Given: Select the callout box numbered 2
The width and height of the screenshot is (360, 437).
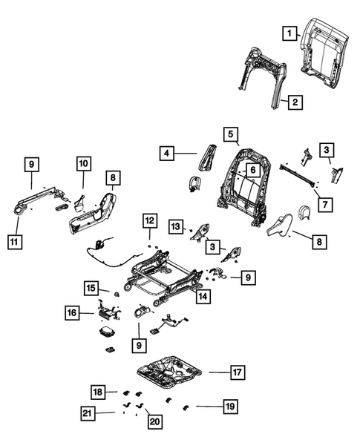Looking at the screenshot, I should pos(295,102).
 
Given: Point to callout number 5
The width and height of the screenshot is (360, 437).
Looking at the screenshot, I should pos(231,134).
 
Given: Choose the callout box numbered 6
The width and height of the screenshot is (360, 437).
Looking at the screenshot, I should pos(252,170).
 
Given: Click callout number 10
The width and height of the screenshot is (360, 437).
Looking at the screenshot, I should pos(82,162).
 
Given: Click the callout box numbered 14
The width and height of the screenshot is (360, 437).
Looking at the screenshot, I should pos(201,296).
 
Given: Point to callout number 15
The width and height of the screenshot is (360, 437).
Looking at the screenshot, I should pos(90,288).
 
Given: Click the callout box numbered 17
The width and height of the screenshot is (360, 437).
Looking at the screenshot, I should pos(235,372).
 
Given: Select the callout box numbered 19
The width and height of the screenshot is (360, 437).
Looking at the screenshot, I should pos(228,406).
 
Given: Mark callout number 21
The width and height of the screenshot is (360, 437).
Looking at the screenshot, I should pos(88,413).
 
